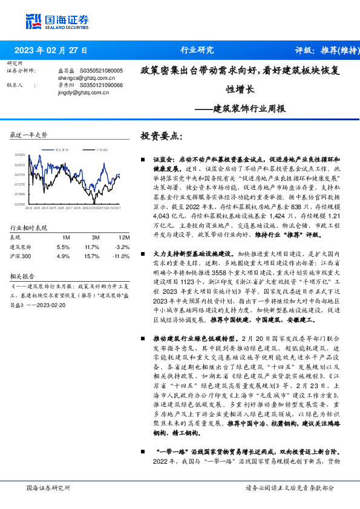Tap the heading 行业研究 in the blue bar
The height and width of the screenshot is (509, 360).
point(197,51)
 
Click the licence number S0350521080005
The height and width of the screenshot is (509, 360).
point(98,71)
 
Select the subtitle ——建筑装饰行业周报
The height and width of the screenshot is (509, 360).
point(241,109)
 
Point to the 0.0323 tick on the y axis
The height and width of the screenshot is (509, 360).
point(20,155)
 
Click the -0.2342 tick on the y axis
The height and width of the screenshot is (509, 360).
point(20,204)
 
